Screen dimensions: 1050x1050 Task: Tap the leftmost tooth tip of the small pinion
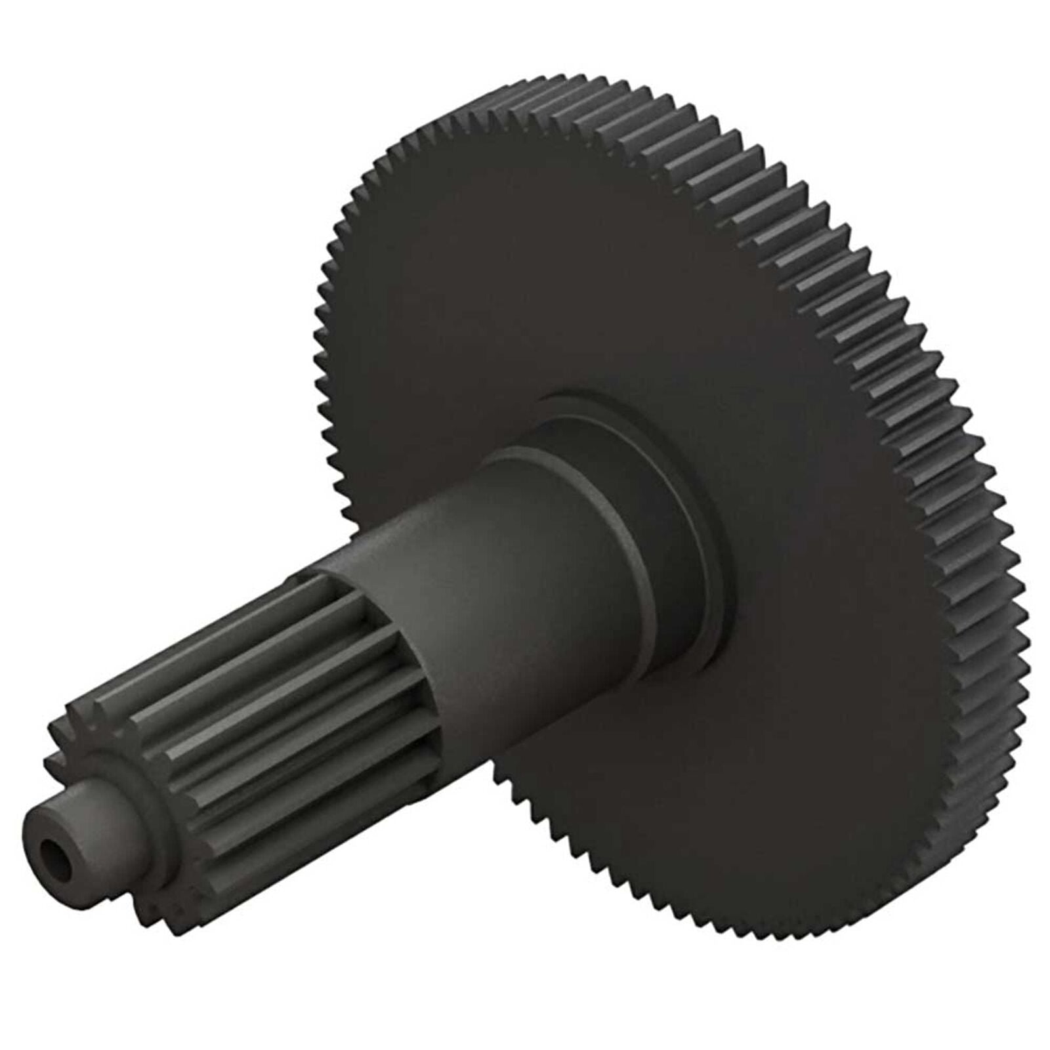pyautogui.click(x=49, y=765)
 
